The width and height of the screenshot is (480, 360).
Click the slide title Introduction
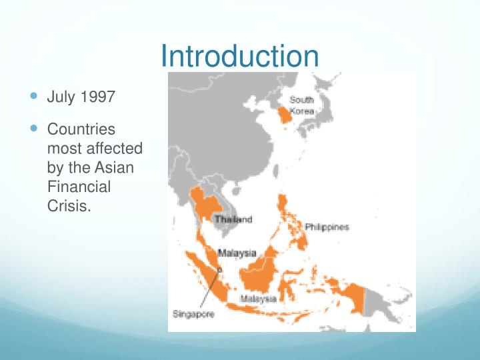[x=240, y=56]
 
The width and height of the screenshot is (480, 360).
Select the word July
[x=61, y=97]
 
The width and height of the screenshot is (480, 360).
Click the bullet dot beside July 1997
[x=35, y=97]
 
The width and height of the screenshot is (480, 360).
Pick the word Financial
[x=79, y=187]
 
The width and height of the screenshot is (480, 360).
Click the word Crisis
[x=68, y=206]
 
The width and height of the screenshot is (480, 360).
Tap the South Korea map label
[x=301, y=105]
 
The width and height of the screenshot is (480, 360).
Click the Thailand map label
[x=233, y=219]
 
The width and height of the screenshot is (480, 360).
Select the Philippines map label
[x=327, y=227]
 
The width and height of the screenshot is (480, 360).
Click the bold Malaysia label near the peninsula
[x=237, y=253]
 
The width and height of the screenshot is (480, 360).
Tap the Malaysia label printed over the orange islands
[x=259, y=299]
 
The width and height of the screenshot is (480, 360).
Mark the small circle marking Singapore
[x=219, y=270]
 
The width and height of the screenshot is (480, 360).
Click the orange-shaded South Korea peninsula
[x=285, y=118]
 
